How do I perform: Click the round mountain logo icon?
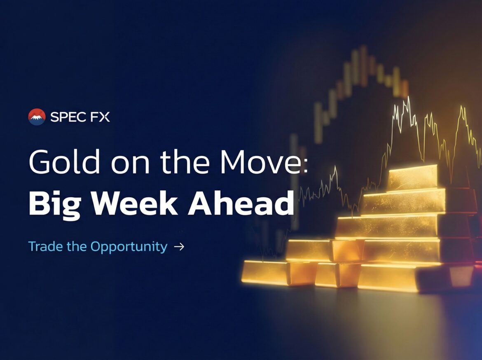point(37,117)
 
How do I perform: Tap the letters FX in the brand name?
point(100,117)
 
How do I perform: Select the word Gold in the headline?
point(64,161)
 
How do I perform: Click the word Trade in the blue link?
point(45,247)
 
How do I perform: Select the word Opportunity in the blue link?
point(129,247)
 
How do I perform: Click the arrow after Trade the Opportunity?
point(179,247)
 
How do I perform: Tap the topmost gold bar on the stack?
point(412,178)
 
